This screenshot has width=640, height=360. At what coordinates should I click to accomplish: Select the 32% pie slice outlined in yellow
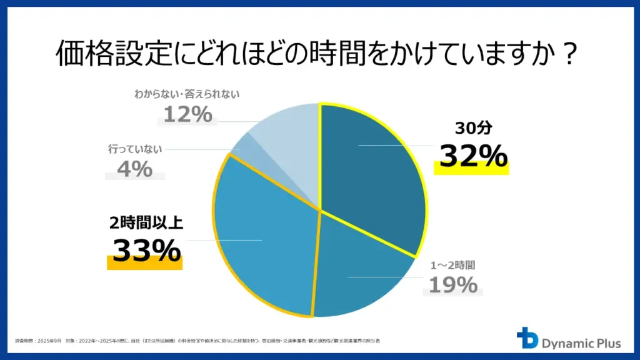coord(375,169)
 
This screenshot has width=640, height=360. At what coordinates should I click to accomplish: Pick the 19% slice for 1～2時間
coord(362,269)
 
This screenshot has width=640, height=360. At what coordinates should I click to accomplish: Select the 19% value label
coord(452,285)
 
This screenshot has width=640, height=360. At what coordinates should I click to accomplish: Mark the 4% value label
coord(134,169)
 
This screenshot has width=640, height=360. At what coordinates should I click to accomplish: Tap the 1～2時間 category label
coord(452,265)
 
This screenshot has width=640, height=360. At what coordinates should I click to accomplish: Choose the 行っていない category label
coord(134,149)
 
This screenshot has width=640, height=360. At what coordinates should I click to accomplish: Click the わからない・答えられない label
coord(186,95)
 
